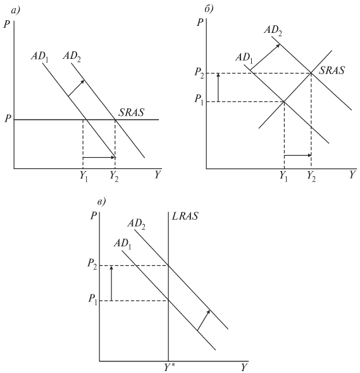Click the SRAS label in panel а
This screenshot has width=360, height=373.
tap(131, 112)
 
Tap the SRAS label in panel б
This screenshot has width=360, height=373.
tap(332, 70)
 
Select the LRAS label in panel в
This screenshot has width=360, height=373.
tap(185, 216)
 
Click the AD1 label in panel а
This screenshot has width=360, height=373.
tap(39, 57)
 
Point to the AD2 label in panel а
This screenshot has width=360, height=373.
tap(71, 57)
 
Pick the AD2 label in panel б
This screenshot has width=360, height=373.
tap(273, 30)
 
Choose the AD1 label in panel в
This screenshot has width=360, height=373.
tap(122, 244)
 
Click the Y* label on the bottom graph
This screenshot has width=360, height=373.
tap(170, 368)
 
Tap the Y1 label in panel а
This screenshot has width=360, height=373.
tap(84, 176)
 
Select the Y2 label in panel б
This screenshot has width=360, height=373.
tap(311, 176)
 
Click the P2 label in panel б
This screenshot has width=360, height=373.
tap(199, 73)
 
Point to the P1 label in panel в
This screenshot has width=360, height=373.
tap(92, 299)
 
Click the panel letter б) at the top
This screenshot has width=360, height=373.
tap(209, 9)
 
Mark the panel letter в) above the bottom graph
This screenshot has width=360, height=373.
tap(101, 202)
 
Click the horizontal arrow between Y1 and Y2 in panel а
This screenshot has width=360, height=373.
tap(99, 157)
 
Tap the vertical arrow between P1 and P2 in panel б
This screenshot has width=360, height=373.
tap(219, 87)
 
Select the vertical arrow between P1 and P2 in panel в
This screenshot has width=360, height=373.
tap(111, 283)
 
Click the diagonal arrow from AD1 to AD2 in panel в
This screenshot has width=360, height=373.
tap(204, 320)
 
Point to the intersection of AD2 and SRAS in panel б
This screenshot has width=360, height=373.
tap(311, 73)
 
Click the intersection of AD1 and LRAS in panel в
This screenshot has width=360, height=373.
tap(168, 301)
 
